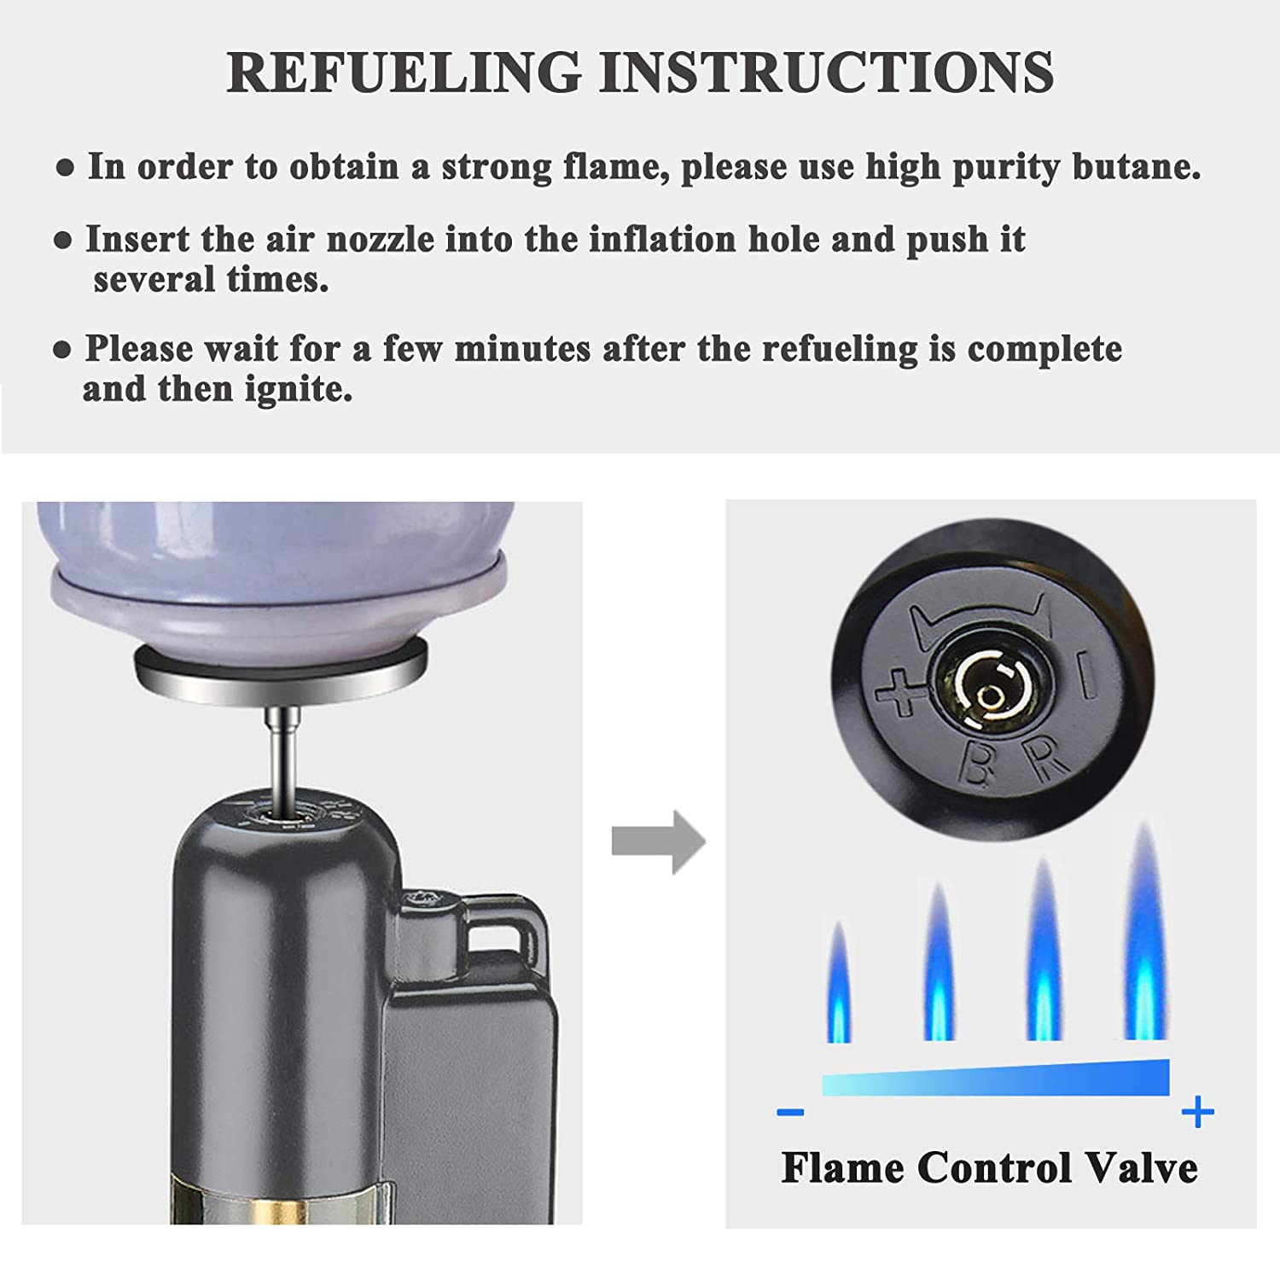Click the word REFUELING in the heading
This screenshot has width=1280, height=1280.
(x=404, y=72)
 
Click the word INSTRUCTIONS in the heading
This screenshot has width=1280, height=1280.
(x=827, y=72)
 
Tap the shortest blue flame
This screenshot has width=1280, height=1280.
(x=839, y=981)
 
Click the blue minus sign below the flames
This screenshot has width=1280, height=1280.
(x=791, y=1112)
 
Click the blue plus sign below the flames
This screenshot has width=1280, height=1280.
(x=1198, y=1112)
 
